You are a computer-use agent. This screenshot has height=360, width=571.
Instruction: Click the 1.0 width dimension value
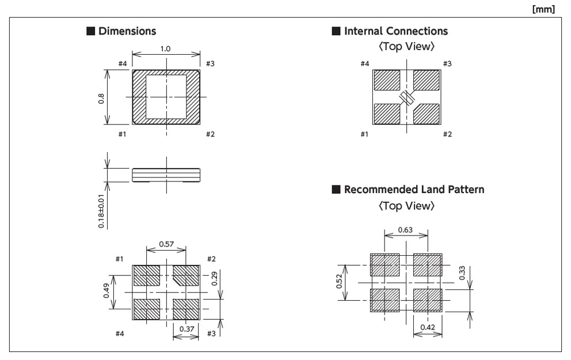click(x=165, y=49)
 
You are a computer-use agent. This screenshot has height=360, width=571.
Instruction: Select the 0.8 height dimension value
click(x=101, y=98)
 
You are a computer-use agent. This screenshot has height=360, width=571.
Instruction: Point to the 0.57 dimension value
click(x=166, y=244)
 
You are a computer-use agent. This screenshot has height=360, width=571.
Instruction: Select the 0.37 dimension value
click(x=186, y=329)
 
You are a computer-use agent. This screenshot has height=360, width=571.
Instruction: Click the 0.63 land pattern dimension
click(x=406, y=230)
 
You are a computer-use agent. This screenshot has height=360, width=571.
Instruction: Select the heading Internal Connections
click(x=395, y=31)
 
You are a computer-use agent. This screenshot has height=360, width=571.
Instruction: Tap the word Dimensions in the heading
click(x=127, y=31)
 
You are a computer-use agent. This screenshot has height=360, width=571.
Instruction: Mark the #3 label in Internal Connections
click(x=447, y=63)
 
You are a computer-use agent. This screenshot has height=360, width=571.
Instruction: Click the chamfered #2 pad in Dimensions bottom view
click(x=185, y=275)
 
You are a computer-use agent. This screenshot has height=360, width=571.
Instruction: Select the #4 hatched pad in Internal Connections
click(x=387, y=81)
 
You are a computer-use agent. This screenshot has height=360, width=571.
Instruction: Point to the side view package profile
click(x=166, y=175)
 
